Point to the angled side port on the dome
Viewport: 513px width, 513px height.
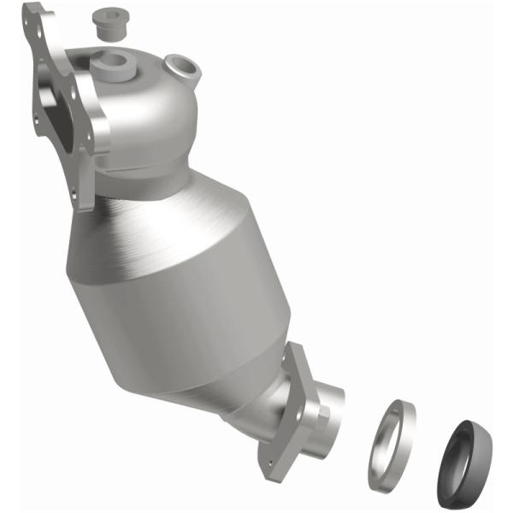pyautogui.click(x=179, y=66)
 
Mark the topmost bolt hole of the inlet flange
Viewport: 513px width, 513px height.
pyautogui.click(x=34, y=15)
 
